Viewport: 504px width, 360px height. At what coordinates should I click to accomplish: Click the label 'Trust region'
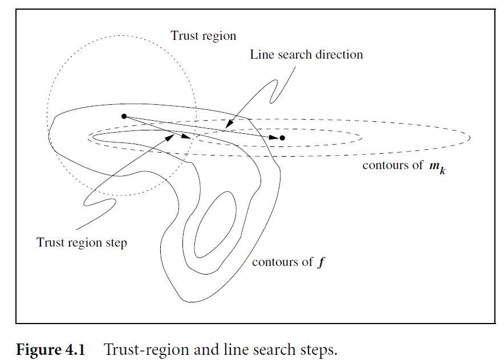click(x=203, y=36)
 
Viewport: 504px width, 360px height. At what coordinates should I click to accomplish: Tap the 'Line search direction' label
click(x=306, y=55)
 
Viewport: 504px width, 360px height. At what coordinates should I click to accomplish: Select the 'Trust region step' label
click(x=82, y=242)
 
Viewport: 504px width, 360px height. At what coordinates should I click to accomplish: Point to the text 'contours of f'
click(x=288, y=262)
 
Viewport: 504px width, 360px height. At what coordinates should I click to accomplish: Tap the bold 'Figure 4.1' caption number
click(x=50, y=349)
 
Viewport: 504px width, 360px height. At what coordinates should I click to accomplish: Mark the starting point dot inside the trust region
click(x=124, y=116)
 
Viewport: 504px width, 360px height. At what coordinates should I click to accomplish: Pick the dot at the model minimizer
click(x=282, y=138)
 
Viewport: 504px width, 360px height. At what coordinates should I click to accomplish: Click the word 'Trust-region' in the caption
click(x=139, y=349)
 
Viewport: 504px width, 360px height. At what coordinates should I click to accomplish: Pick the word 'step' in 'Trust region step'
click(x=116, y=242)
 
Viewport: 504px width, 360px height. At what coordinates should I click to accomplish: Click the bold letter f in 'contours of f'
click(x=321, y=263)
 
